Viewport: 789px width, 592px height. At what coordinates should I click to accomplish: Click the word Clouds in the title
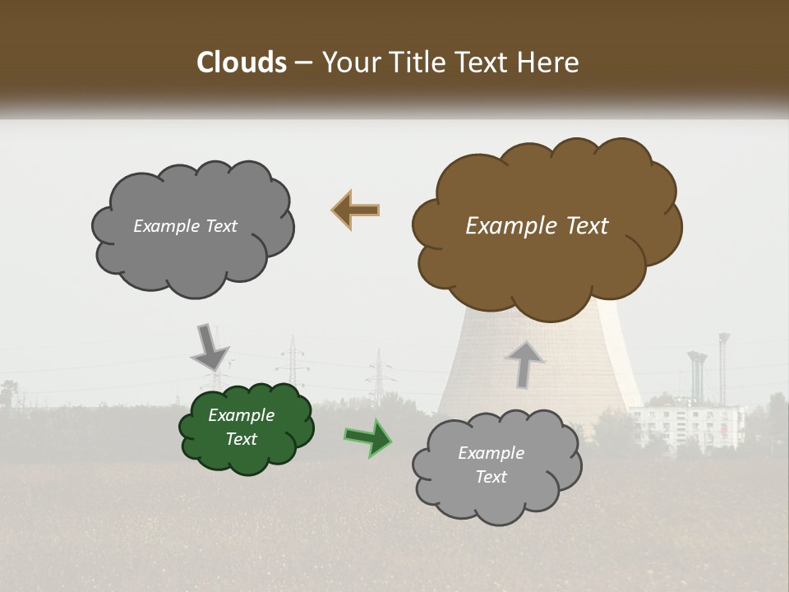(242, 62)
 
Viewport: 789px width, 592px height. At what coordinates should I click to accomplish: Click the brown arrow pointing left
(355, 210)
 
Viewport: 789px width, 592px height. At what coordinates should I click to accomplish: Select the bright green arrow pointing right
(367, 437)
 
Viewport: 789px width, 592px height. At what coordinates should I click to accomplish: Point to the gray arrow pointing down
(210, 346)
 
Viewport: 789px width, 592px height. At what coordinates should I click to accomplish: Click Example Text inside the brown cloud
(537, 226)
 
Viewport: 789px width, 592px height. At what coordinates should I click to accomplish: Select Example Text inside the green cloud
(241, 427)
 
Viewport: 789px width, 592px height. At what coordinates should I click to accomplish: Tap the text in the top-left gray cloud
(185, 226)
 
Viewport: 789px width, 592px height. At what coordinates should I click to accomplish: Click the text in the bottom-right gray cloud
(491, 465)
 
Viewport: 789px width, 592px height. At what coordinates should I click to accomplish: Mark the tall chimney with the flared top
(723, 370)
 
